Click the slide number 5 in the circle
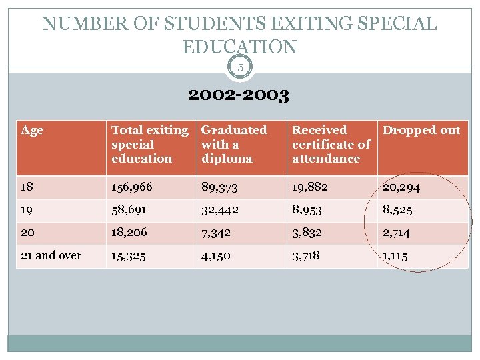click(240, 67)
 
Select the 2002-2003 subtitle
click(239, 96)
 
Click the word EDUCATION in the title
click(239, 47)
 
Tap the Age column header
click(32, 131)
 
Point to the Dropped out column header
click(421, 131)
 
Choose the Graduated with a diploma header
click(234, 144)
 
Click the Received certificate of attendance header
click(331, 144)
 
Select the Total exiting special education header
click(149, 144)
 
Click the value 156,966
click(132, 187)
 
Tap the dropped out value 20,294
click(401, 188)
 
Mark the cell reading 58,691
click(129, 210)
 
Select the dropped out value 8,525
click(397, 210)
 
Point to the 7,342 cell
click(217, 233)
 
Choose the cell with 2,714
click(397, 233)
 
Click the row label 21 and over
click(51, 255)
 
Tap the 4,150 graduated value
click(217, 255)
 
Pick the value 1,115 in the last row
click(396, 255)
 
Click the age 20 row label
click(29, 233)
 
